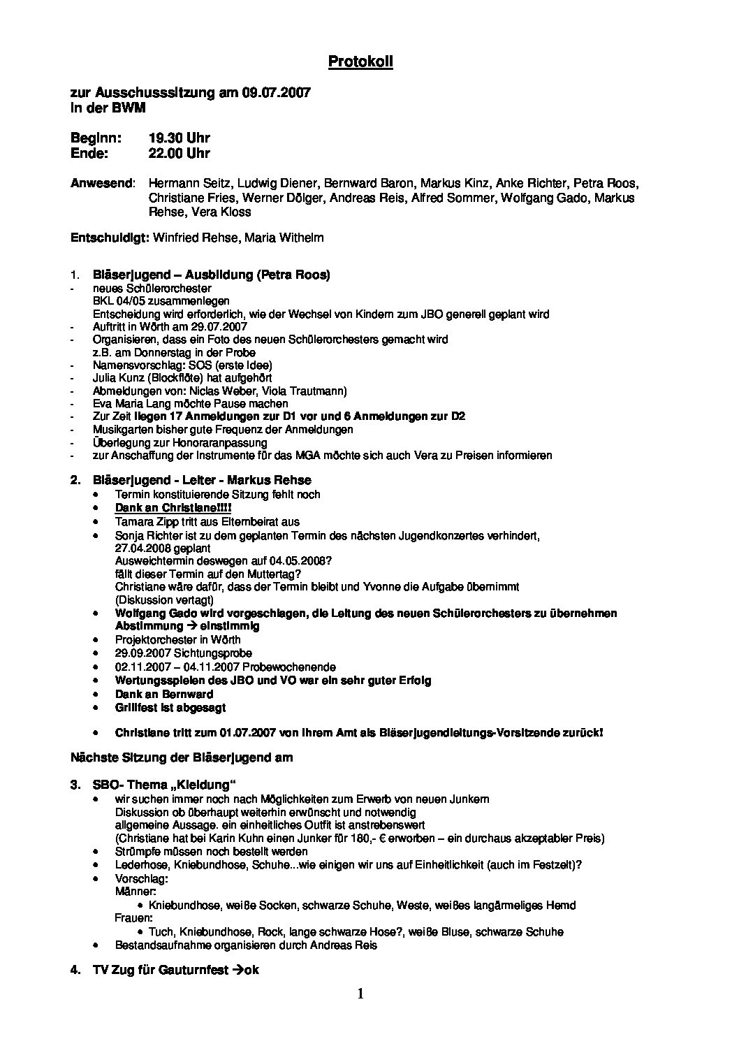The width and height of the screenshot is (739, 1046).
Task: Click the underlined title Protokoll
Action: pyautogui.click(x=360, y=62)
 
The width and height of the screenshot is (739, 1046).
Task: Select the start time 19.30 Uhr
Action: pyautogui.click(x=179, y=138)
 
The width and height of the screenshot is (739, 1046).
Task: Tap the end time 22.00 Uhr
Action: pyautogui.click(x=179, y=153)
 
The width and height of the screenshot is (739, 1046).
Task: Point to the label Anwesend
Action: pyautogui.click(x=102, y=184)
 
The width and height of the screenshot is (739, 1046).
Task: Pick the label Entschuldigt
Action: pyautogui.click(x=110, y=238)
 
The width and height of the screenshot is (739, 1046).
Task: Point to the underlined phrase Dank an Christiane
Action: pyautogui.click(x=173, y=507)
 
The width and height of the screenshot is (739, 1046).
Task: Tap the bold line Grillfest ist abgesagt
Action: pyautogui.click(x=170, y=707)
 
